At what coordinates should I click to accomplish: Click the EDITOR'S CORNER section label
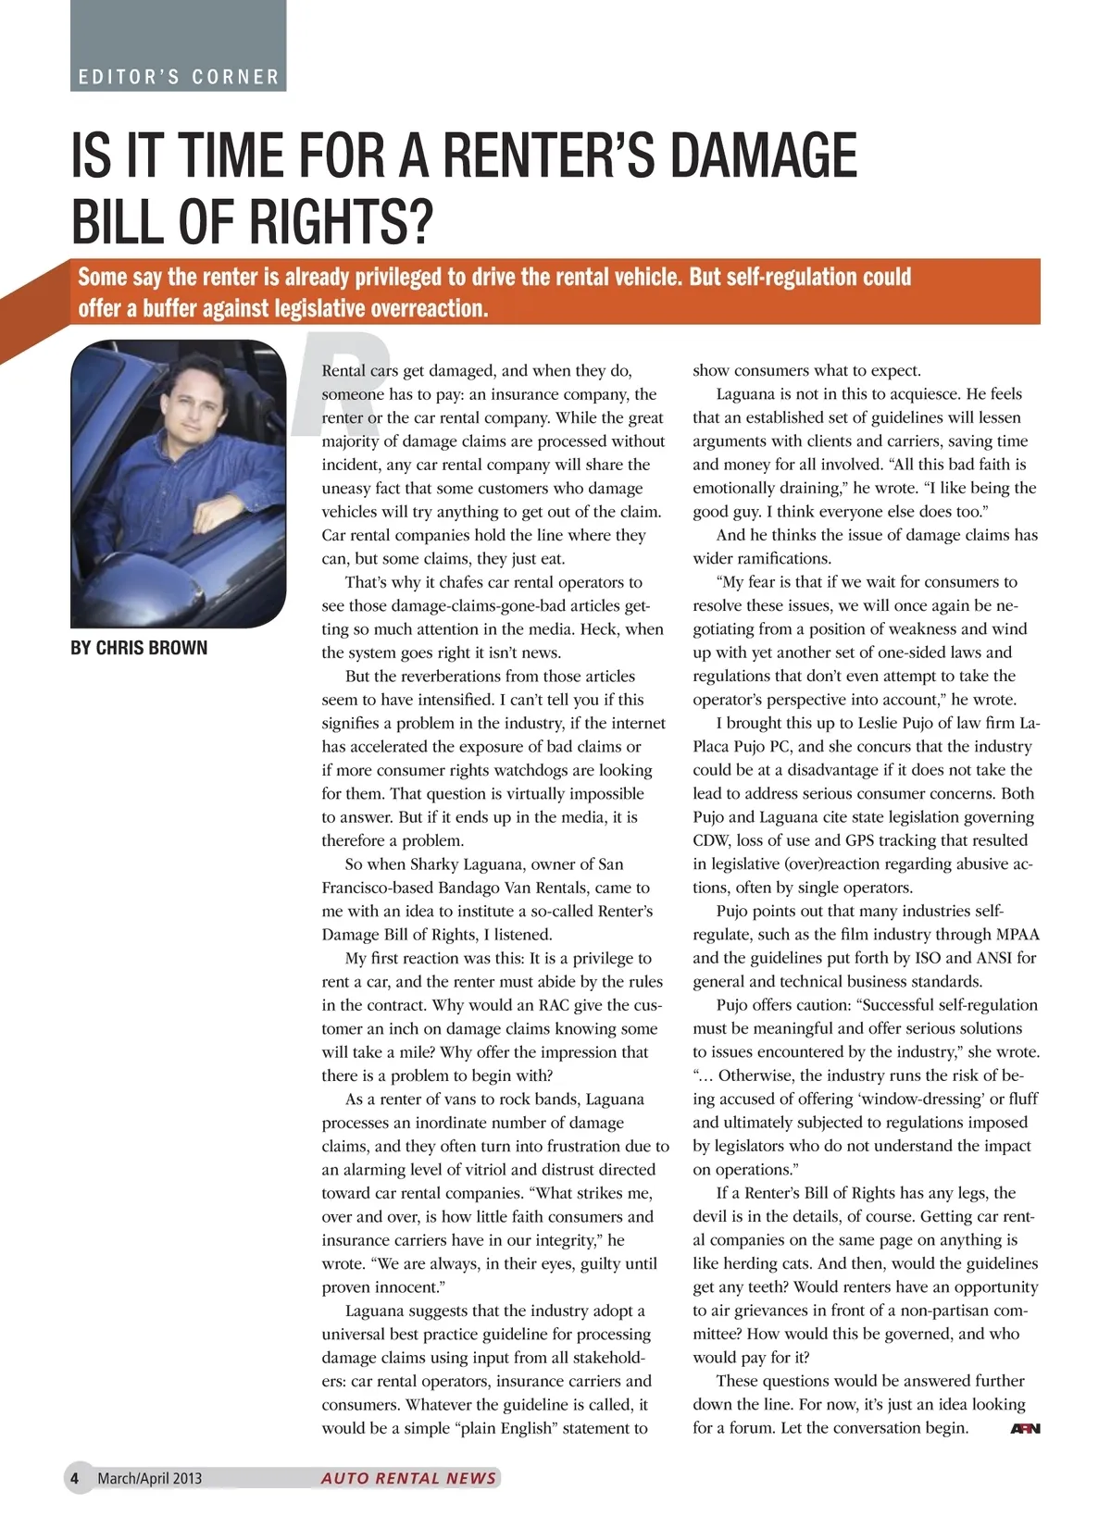pyautogui.click(x=179, y=77)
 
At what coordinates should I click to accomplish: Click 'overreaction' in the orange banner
pyautogui.click(x=430, y=308)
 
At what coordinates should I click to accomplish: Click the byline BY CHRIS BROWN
pyautogui.click(x=139, y=648)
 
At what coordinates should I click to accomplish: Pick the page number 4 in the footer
pyautogui.click(x=75, y=1478)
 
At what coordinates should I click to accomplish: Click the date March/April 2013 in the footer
pyautogui.click(x=149, y=1478)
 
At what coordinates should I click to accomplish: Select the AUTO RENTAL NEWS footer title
pyautogui.click(x=408, y=1478)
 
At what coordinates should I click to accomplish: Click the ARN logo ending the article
pyautogui.click(x=1025, y=1428)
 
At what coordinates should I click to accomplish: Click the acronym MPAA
pyautogui.click(x=1017, y=934)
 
